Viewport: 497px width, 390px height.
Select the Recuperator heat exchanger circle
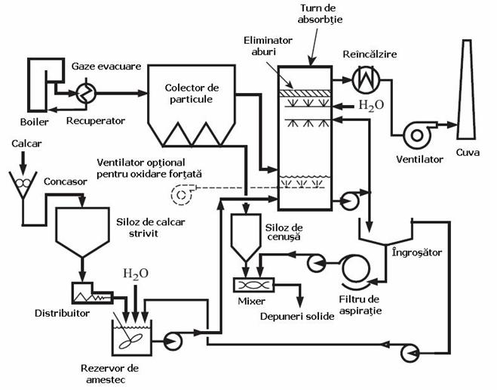(82, 94)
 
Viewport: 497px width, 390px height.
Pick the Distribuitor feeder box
(85, 292)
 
